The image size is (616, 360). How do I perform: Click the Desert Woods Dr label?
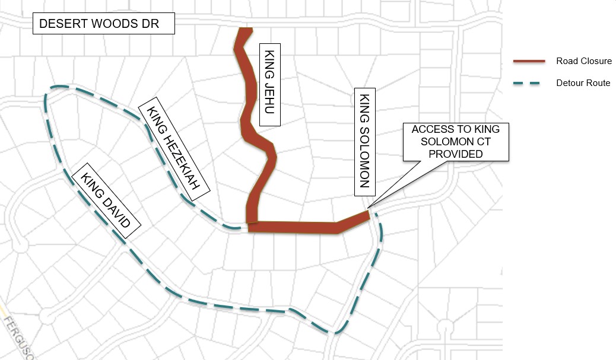pos(104,25)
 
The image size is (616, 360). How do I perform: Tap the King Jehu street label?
pos(270,84)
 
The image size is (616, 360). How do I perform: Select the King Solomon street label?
pos(365,142)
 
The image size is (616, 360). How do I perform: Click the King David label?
pos(106,201)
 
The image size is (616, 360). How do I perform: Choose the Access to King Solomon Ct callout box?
pos(456,142)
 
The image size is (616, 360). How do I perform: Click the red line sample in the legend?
pos(529,61)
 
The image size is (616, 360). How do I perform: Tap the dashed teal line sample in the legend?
pos(529,83)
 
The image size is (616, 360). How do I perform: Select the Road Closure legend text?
pos(583,61)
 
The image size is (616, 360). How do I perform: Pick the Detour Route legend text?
pos(583,83)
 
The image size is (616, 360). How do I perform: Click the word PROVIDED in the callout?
pos(456,154)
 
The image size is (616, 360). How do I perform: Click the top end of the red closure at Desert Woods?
pos(244,30)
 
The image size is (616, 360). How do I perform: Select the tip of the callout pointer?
pos(369,208)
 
